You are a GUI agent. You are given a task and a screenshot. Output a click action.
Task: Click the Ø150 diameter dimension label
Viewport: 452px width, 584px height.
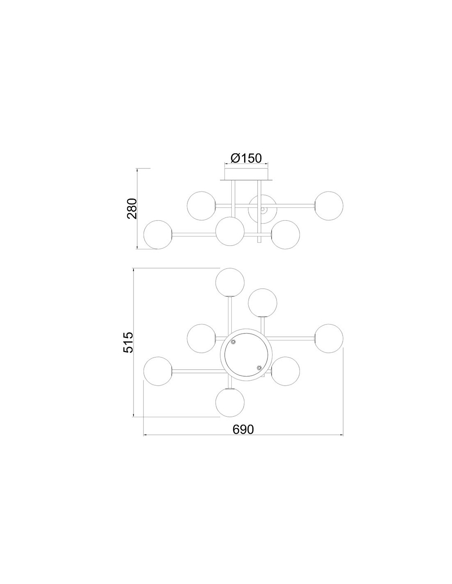pos(246,159)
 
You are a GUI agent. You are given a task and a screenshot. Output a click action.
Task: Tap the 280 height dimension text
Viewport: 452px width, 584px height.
pos(133,208)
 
